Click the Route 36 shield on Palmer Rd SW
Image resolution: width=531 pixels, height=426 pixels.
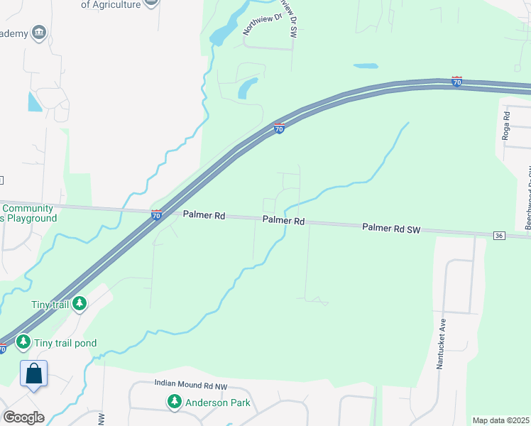(500, 236)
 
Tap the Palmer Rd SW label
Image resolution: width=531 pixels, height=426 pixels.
(392, 228)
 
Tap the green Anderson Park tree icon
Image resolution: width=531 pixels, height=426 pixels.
(174, 403)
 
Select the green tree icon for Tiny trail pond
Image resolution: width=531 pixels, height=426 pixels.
(23, 343)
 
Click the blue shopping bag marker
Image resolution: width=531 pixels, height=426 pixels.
(33, 373)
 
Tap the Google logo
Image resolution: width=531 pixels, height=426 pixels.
(23, 417)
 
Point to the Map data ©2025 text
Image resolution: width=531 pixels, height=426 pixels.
(500, 420)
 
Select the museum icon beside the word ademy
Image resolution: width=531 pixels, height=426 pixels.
(39, 33)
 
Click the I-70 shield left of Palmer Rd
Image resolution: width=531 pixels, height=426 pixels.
(156, 214)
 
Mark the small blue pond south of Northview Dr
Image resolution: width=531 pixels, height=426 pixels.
(247, 88)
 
